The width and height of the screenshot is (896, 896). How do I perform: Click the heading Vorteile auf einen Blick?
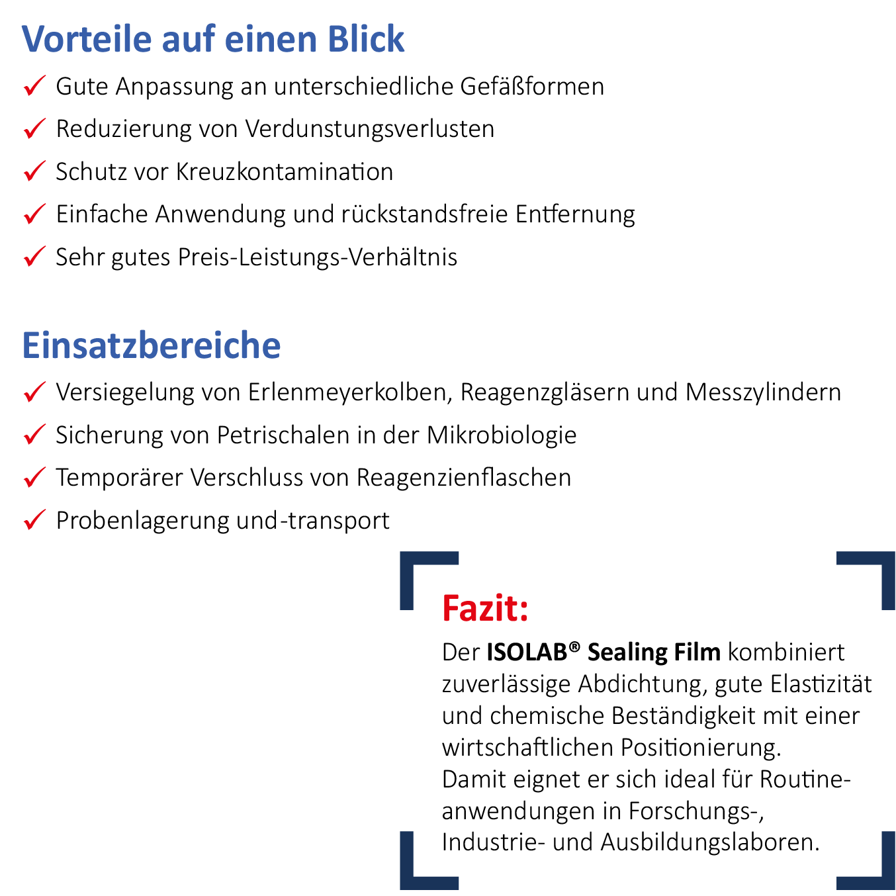pos(212,39)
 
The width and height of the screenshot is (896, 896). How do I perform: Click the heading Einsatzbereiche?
pos(152,345)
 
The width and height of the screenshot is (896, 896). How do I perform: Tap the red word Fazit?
pos(485,609)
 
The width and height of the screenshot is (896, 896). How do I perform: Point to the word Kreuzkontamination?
pos(284,172)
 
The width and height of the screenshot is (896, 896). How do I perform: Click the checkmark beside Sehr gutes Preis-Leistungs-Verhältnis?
pos(34,256)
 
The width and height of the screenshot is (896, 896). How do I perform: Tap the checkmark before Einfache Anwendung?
pos(34,214)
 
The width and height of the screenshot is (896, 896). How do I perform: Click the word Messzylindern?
pos(763,392)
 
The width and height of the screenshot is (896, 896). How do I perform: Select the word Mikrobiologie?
pos(502,435)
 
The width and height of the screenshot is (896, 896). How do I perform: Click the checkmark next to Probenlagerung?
pos(34,520)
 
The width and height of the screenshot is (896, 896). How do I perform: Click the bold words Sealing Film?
pos(654,652)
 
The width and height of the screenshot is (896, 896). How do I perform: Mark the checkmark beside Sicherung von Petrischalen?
pos(34,435)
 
